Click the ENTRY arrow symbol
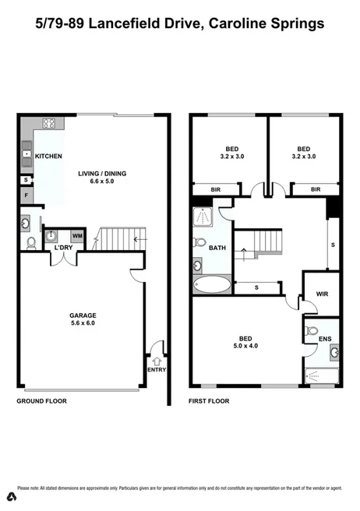tap(157, 360)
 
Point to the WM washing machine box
tap(77, 234)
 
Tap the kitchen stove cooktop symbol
tap(47, 123)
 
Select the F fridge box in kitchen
tap(26, 195)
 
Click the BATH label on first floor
tap(217, 248)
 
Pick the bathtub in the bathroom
tap(210, 284)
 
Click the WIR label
tap(322, 295)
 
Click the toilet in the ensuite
tap(313, 330)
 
